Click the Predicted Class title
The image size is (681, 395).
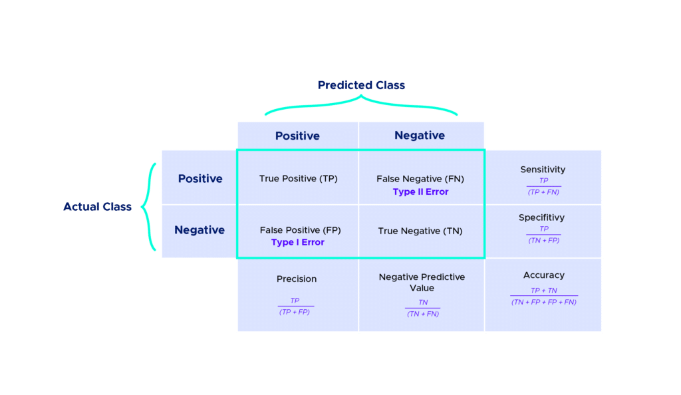point(361,85)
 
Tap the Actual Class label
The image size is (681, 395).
point(98,207)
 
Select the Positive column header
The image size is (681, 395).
point(297,136)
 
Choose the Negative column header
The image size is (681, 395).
point(420,136)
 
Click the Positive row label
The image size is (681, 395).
point(200,179)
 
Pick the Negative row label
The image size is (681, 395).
point(200,230)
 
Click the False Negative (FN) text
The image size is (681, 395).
point(420,179)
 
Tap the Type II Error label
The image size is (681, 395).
point(420,192)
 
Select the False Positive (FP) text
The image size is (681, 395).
point(300,230)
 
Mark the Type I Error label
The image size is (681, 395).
point(298,243)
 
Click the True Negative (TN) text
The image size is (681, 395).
point(420,231)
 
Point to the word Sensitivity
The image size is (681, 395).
point(543,170)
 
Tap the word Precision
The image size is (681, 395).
point(297,279)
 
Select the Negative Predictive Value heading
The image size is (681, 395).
point(422,283)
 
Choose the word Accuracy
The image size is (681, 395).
point(544,275)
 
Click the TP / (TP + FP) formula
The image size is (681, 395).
point(295,307)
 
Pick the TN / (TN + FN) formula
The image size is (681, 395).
point(423,309)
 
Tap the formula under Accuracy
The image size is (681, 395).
point(544,297)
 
